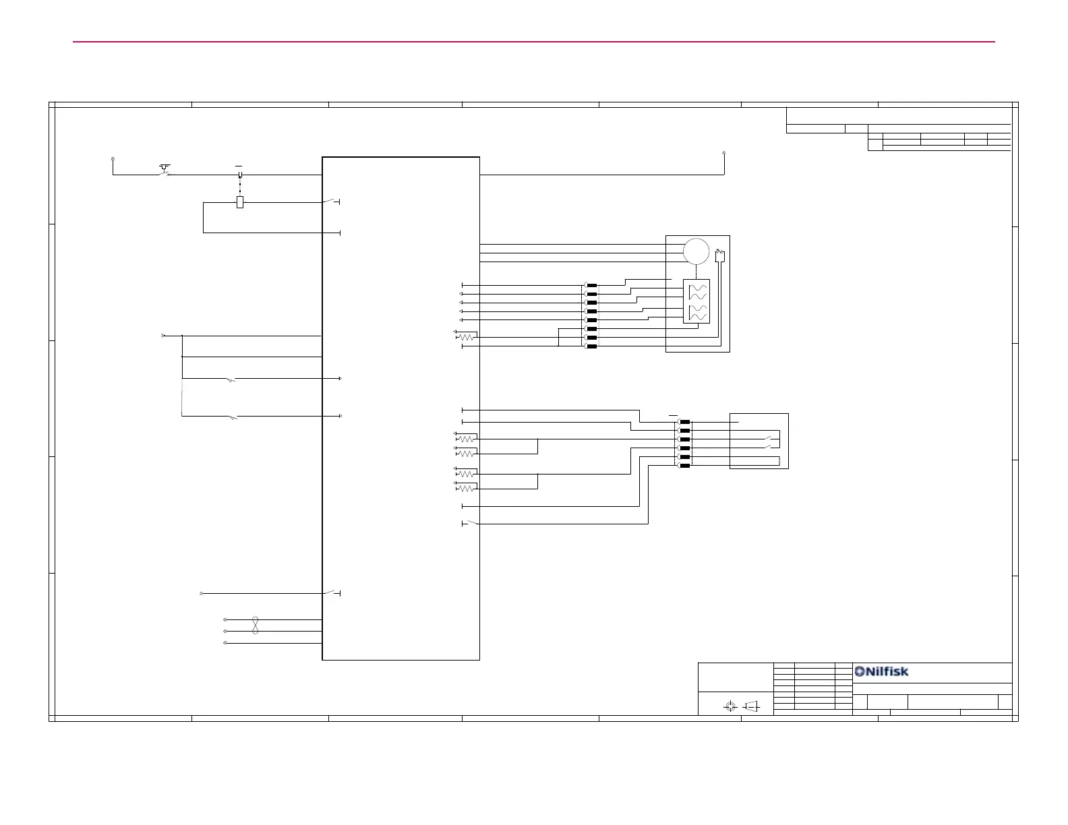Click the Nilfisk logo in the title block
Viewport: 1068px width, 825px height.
tap(881, 671)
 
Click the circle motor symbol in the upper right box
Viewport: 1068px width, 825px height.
tap(696, 251)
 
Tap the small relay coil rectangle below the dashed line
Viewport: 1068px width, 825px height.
tap(239, 202)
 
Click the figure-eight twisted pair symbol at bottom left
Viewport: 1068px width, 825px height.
tap(256, 625)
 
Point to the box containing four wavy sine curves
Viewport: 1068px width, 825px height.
tap(696, 301)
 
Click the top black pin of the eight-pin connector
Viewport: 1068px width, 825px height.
tap(592, 285)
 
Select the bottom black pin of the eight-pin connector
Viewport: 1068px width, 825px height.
tap(592, 346)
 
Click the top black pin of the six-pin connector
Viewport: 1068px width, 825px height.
tap(685, 422)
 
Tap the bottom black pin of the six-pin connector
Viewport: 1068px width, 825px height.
tap(685, 466)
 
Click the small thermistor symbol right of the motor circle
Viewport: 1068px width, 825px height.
tap(719, 256)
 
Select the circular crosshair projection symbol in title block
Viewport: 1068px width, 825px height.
tap(730, 706)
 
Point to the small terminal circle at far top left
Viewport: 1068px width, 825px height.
tap(113, 159)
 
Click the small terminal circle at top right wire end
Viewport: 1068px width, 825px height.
tap(724, 153)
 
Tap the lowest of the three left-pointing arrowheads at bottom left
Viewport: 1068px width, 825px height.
tap(225, 643)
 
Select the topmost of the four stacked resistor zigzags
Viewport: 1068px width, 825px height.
tap(467, 439)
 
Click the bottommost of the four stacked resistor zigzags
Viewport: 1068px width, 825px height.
tap(467, 489)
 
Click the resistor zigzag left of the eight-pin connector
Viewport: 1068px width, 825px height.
tap(467, 337)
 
